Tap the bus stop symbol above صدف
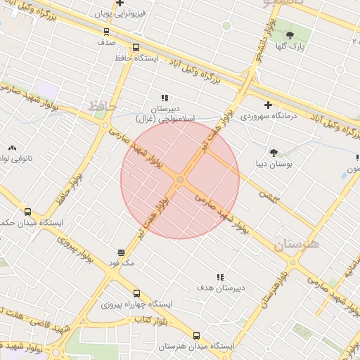point(106,31)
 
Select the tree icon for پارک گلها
point(290,34)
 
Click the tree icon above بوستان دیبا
point(273,152)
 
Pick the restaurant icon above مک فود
point(121,252)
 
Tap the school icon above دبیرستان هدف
point(220,278)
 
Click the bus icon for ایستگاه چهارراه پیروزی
point(137,293)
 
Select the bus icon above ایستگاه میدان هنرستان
point(195,335)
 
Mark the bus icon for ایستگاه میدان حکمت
point(27,212)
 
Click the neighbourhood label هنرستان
point(296,244)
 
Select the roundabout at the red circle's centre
point(180,180)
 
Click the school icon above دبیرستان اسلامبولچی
point(165,98)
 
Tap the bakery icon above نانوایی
point(12,148)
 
